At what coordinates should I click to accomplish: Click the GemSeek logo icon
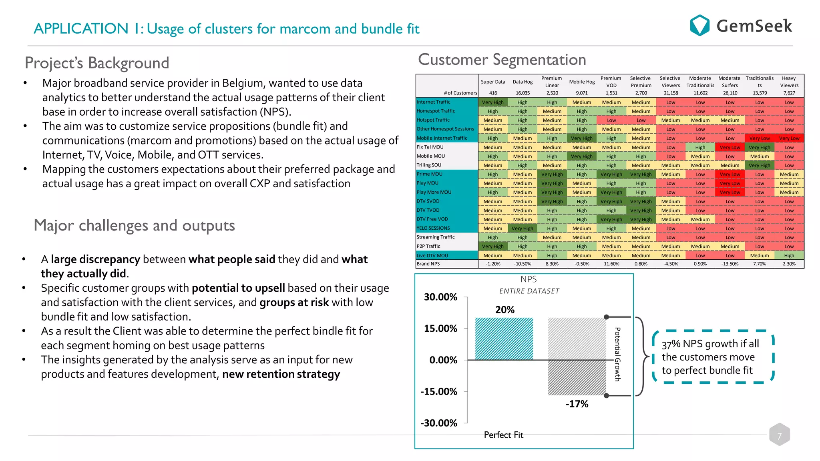[x=699, y=25]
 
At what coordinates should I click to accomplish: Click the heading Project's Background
[x=97, y=63]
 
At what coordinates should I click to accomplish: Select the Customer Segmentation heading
[x=502, y=60]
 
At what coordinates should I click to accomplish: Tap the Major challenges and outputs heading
[x=134, y=225]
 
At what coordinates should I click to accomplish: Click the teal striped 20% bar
[x=504, y=339]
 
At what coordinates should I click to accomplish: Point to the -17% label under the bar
[x=577, y=404]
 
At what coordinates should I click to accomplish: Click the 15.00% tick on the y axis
[x=440, y=329]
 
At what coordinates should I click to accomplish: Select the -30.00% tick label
[x=438, y=423]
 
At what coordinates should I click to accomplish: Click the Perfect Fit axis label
[x=503, y=435]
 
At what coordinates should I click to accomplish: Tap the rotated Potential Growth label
[x=617, y=354]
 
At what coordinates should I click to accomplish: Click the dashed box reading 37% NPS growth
[x=713, y=357]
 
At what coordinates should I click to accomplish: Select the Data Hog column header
[x=523, y=82]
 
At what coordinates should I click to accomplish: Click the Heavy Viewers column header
[x=789, y=82]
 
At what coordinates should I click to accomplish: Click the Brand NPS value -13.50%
[x=730, y=264]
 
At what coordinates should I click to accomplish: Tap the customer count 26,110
[x=730, y=93]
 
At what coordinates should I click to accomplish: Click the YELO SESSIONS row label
[x=433, y=228]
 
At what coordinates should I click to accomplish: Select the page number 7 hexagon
[x=779, y=435]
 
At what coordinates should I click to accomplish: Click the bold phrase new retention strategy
[x=281, y=374]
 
